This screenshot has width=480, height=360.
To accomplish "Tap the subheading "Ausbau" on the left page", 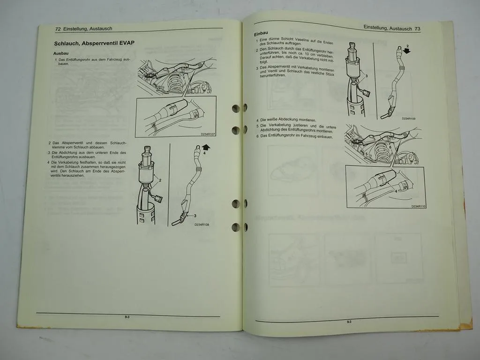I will [61, 53].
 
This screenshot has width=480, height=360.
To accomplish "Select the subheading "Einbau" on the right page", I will [261, 34].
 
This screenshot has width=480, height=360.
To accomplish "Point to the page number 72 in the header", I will [58, 29].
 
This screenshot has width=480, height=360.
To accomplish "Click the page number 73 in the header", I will [417, 28].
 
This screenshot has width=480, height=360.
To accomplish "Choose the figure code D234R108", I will [202, 225].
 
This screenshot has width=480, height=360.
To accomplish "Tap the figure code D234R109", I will [409, 119].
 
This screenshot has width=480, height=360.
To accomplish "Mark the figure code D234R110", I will [419, 206].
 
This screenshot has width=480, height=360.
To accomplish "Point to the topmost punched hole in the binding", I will [236, 109].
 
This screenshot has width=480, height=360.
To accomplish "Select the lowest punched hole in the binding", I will [236, 227].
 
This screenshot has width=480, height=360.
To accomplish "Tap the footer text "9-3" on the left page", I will [127, 317].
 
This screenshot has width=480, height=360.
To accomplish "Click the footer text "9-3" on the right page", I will [349, 322].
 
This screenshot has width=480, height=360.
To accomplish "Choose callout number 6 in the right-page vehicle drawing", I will [389, 147].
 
